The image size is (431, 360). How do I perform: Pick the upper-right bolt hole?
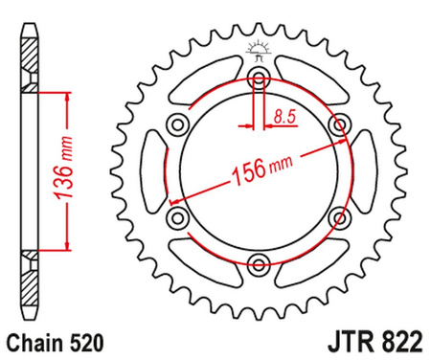[337, 124]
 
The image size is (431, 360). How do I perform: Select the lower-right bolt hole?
[337, 217]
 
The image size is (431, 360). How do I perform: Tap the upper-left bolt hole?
[177, 124]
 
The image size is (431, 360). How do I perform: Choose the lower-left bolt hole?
[177, 217]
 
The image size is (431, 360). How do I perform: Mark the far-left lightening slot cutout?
[149, 170]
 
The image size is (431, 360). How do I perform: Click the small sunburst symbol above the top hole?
[257, 49]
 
